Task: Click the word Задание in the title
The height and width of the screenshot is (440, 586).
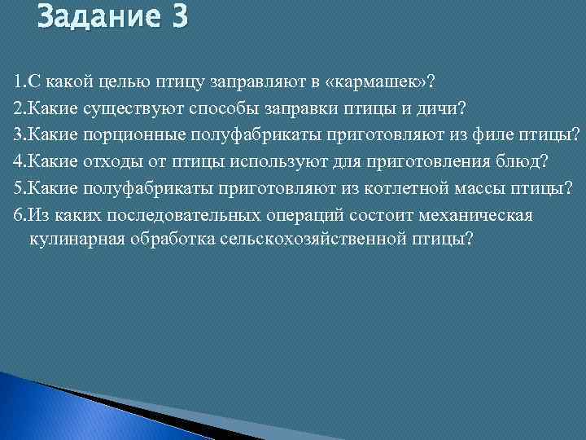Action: [97, 17]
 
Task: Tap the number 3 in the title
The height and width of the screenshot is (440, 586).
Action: [178, 17]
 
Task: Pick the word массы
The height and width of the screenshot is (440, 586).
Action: [475, 187]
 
